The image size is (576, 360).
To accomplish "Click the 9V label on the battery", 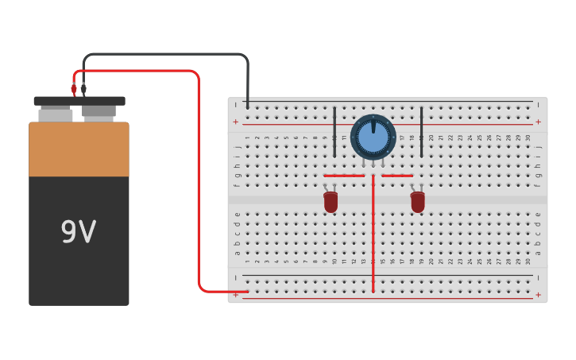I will click(x=78, y=232).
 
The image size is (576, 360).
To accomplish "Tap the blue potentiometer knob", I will click(x=373, y=137).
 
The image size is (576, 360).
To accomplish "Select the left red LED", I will click(x=331, y=202).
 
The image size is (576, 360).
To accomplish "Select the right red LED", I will click(x=417, y=202).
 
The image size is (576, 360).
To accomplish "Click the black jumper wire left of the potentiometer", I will click(x=334, y=131).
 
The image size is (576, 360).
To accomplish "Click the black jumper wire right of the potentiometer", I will click(x=421, y=131).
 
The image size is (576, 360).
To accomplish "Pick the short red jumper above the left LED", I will click(x=344, y=176).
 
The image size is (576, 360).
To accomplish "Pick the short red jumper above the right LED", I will click(x=397, y=176).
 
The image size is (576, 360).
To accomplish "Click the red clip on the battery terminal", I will click(x=74, y=90).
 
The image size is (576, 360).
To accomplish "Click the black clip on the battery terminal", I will click(x=83, y=89).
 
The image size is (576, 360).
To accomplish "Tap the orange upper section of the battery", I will click(x=79, y=149).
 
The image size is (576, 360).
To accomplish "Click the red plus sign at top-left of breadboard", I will click(x=235, y=122).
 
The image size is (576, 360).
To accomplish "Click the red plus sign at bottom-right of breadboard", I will click(x=538, y=295).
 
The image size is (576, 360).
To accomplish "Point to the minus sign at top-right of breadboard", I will click(x=538, y=104).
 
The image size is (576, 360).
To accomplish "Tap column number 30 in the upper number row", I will click(x=528, y=137).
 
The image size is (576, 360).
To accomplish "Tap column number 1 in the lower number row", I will click(x=248, y=261).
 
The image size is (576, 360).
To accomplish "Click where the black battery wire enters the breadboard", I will click(x=248, y=106).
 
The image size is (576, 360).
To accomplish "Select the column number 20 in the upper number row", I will click(x=431, y=137).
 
